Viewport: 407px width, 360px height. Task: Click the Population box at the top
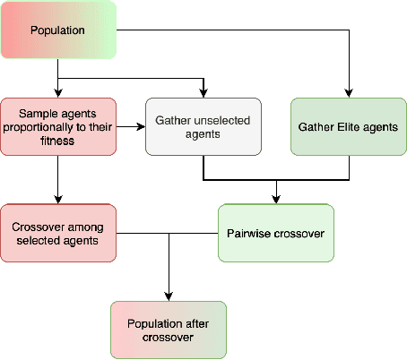(58, 31)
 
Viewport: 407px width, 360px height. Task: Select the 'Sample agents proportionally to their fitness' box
(58, 127)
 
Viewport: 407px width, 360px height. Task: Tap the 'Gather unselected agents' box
(203, 127)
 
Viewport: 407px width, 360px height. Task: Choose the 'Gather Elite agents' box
(348, 127)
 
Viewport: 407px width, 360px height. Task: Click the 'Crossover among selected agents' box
(58, 234)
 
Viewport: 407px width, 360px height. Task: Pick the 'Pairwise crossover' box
(275, 234)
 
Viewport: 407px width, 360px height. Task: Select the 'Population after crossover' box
(168, 330)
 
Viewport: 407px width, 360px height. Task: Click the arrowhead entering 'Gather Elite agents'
(348, 93)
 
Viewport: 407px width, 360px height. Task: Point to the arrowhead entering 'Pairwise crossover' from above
(275, 200)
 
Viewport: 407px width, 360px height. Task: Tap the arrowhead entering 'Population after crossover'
(168, 296)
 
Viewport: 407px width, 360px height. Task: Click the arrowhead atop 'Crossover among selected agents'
(58, 200)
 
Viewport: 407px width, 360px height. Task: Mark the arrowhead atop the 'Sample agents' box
(58, 93)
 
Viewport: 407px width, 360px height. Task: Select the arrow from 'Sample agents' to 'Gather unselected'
(131, 127)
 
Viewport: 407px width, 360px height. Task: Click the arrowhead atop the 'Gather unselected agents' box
(203, 93)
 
